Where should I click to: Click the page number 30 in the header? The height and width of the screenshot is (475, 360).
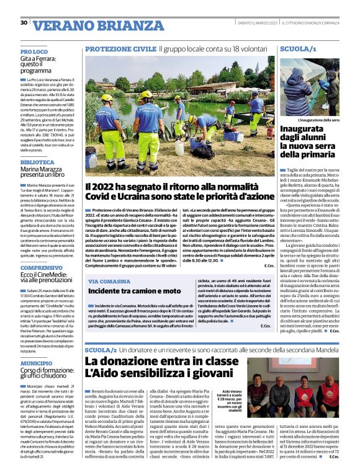[24, 23]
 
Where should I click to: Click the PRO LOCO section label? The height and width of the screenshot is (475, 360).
[52, 51]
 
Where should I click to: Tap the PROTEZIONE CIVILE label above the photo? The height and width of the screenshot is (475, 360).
[121, 48]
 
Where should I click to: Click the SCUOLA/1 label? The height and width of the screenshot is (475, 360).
[299, 48]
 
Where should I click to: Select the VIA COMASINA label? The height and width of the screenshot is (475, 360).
[109, 282]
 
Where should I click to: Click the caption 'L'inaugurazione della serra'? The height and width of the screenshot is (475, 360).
[308, 119]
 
